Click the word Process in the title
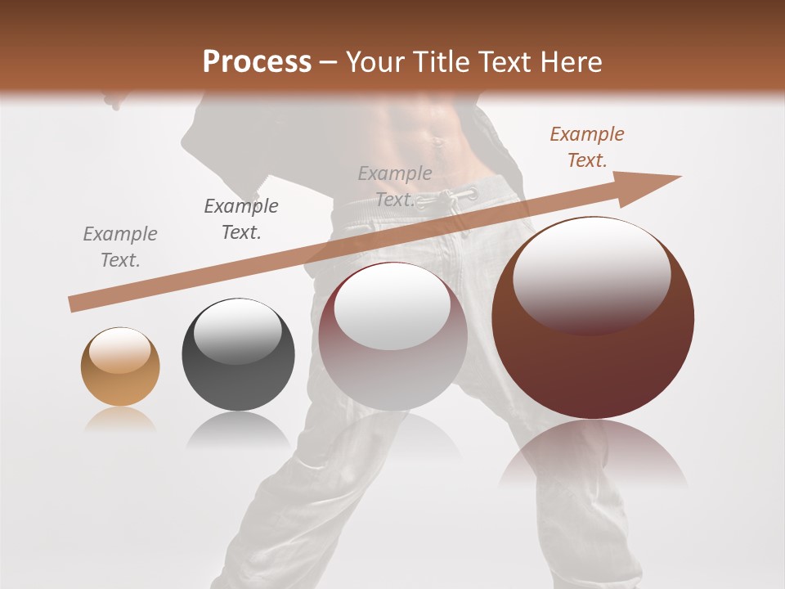pyautogui.click(x=257, y=62)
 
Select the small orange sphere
pyautogui.click(x=120, y=366)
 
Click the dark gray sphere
pyautogui.click(x=238, y=354)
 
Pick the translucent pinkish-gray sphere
pyautogui.click(x=392, y=335)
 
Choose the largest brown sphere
pyautogui.click(x=593, y=317)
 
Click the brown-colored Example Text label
pyautogui.click(x=586, y=147)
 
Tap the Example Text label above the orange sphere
pyautogui.click(x=120, y=247)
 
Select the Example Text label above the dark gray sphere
pyautogui.click(x=240, y=219)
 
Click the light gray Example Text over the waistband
pyautogui.click(x=395, y=187)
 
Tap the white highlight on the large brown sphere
pyautogui.click(x=591, y=270)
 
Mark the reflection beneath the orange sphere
pyautogui.click(x=120, y=420)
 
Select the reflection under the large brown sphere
pyautogui.click(x=593, y=458)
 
